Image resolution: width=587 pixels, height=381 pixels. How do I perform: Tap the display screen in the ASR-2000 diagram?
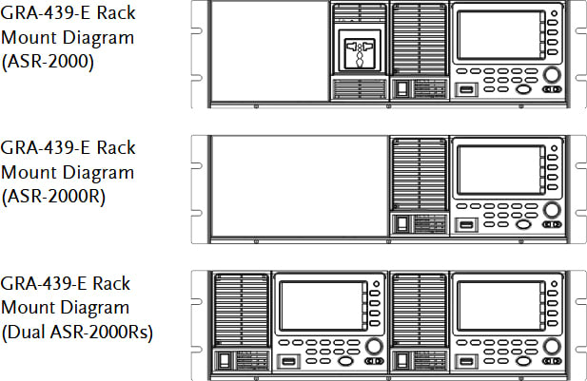495,39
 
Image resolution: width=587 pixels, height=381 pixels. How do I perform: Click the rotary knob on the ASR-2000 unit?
551,75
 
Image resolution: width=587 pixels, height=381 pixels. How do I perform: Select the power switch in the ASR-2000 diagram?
402,89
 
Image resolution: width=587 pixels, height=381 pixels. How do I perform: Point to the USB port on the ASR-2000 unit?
467,90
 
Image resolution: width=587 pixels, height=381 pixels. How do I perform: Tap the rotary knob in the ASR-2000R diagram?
551,210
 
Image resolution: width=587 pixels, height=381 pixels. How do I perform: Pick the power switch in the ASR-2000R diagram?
402,224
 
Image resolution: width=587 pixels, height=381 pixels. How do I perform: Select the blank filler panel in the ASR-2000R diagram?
299,186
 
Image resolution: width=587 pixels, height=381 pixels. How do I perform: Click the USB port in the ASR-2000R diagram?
467,225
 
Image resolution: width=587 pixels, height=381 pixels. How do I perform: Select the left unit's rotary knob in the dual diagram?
374,346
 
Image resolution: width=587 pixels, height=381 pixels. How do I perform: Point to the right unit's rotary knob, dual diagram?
551,346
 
